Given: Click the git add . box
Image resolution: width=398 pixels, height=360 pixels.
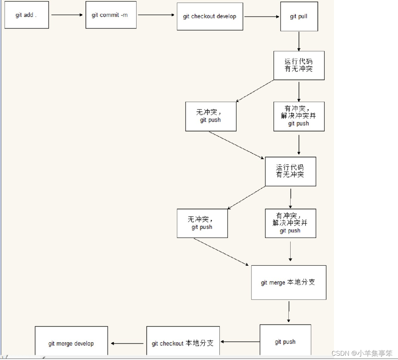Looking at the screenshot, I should pos(26,15).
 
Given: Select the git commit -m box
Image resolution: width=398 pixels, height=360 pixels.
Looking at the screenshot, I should pos(111,15).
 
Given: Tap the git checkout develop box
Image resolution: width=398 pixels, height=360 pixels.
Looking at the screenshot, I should pos(210,16).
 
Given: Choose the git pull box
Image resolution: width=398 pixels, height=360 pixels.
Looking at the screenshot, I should pos(299,16).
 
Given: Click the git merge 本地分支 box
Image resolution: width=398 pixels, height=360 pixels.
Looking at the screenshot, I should pos(288,282).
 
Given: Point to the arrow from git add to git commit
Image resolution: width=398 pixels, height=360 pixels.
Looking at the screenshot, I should pos(67,15).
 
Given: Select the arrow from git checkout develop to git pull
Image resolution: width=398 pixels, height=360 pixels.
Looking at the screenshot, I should pos(261,16).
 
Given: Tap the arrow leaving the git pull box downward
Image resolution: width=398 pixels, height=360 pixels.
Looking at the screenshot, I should pos(299,41).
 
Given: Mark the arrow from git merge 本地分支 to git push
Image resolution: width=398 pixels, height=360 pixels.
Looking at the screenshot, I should pos(288,312).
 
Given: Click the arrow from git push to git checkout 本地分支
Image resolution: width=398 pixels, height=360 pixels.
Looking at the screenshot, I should pos(240,342).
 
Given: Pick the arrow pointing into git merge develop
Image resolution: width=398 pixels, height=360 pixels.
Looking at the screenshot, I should pos(127,343).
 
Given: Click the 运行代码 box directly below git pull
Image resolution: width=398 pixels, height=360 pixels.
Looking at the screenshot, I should pos(299,65).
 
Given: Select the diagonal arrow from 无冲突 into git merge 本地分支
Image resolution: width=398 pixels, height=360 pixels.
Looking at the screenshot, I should pos(221,252).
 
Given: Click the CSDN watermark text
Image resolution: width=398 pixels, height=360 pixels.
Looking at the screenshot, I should pos(362,353).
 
